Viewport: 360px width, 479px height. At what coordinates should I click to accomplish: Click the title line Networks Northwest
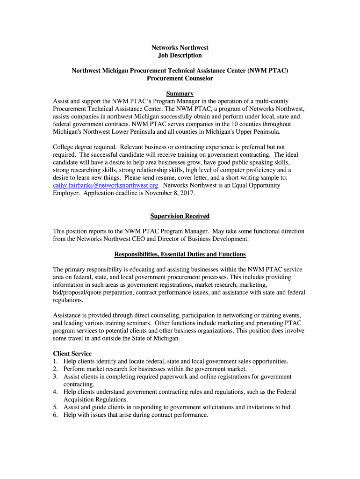pos(180,48)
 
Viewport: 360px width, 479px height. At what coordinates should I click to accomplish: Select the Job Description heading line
pos(180,55)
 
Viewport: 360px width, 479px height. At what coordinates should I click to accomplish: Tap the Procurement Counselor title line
pos(180,78)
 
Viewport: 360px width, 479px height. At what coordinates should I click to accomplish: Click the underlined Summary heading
pos(180,94)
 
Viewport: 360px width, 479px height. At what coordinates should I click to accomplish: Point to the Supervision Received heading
pos(180,216)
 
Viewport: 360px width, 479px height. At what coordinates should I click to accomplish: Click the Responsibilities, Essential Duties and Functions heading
pos(180,254)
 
